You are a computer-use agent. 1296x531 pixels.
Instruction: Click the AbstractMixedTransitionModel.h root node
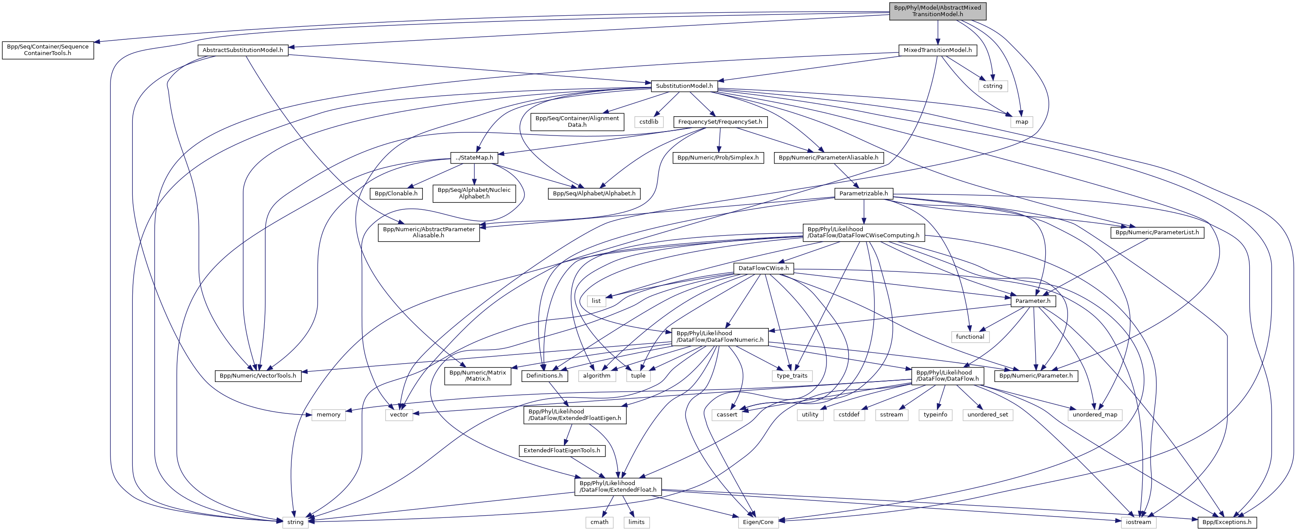coord(937,10)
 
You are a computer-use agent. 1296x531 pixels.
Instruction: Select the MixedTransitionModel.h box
coord(937,50)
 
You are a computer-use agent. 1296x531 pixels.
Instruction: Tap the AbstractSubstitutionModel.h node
coord(242,50)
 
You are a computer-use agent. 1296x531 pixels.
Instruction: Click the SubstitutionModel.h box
coord(684,86)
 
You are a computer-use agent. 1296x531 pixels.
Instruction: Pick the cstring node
coord(992,86)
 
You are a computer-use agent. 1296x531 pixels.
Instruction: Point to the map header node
coord(1021,121)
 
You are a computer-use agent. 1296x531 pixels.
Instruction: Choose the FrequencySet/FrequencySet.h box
coord(719,121)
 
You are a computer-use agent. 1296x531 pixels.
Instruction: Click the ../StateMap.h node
coord(474,157)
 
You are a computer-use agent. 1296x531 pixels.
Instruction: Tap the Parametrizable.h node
coord(863,193)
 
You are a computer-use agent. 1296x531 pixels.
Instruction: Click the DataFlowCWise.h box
coord(763,268)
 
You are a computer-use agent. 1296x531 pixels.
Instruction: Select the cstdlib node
coord(649,121)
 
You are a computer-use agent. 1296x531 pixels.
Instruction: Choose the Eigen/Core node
coord(758,522)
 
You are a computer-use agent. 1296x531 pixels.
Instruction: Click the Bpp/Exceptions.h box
coord(1227,522)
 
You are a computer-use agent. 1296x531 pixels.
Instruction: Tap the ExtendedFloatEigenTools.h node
coord(561,450)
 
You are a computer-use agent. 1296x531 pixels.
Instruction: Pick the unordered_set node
coord(988,414)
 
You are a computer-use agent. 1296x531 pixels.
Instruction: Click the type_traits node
coord(792,375)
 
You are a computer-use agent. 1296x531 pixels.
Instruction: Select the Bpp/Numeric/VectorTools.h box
coord(258,375)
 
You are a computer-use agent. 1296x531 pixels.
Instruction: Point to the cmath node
coord(599,522)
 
